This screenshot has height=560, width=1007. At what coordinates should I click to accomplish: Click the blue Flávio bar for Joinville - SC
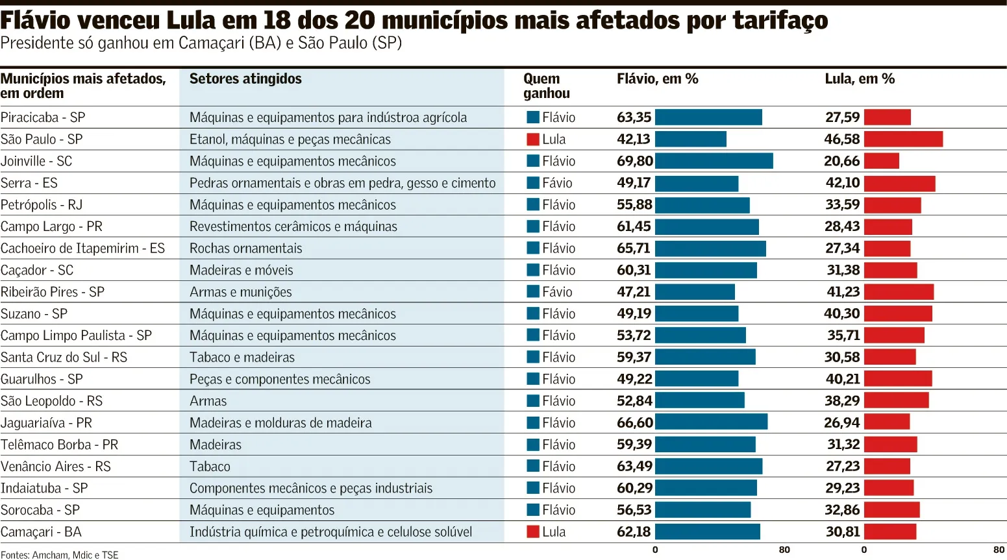click(714, 161)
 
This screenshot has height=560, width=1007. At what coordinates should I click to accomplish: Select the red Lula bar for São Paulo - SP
click(903, 140)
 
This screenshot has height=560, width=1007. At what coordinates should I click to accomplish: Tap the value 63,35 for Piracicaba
click(634, 117)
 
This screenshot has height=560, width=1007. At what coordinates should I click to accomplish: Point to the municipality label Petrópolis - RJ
click(42, 205)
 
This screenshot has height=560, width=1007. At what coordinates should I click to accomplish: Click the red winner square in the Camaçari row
click(533, 531)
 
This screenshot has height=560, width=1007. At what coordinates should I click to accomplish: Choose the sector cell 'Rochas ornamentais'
click(245, 248)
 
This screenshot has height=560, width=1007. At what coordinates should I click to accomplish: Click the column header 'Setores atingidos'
click(245, 79)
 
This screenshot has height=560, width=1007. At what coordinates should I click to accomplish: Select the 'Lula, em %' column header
click(860, 79)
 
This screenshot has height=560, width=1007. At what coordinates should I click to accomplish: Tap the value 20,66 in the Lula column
click(841, 161)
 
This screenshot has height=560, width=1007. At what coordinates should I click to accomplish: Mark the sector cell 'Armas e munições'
click(240, 292)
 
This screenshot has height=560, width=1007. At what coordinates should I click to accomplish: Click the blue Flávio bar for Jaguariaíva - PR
click(711, 422)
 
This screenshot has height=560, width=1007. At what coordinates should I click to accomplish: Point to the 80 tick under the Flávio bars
click(784, 550)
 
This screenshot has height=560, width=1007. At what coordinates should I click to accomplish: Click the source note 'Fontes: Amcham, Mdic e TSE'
click(59, 555)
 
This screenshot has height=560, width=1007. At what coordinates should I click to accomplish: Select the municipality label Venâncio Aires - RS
click(55, 467)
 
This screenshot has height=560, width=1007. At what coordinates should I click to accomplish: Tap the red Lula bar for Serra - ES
click(900, 184)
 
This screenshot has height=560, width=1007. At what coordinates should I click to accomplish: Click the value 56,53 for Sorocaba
click(634, 509)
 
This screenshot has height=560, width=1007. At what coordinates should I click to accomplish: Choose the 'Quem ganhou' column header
click(546, 86)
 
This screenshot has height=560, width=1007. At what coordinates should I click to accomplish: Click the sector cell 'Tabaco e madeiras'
click(242, 358)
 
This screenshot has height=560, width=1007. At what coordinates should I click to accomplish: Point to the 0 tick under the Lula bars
click(864, 550)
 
